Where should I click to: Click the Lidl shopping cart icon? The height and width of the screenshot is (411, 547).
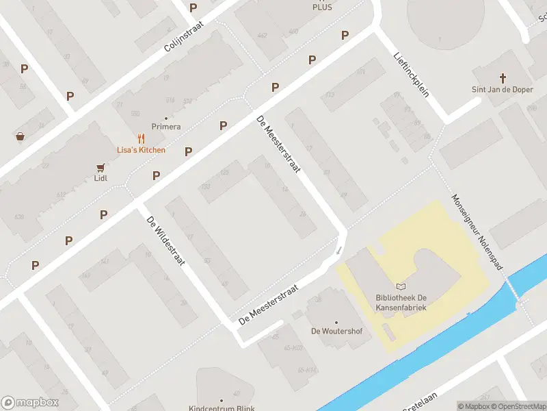[x=101, y=166]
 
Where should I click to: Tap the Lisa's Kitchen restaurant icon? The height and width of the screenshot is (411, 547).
[x=140, y=138]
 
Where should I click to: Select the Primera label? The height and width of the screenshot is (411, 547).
[x=166, y=127]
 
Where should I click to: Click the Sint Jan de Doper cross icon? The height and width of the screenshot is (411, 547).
[x=503, y=77]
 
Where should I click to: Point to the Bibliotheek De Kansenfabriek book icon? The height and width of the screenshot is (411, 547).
[x=401, y=286]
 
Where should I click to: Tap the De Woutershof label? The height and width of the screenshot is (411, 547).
[x=336, y=331]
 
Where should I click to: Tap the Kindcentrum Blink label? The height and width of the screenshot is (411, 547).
[x=222, y=408]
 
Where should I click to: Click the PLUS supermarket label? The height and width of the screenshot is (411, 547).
[x=322, y=7]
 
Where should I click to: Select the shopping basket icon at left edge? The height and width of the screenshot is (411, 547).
[x=21, y=136]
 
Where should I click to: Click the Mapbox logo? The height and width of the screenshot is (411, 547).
[x=29, y=403]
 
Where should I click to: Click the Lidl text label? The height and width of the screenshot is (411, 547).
[x=101, y=178]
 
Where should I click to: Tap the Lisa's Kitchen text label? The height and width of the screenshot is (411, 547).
[x=140, y=149]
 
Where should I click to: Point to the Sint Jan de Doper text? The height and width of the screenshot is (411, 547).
[x=503, y=89]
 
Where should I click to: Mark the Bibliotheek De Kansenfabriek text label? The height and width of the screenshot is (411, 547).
[x=401, y=303]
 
